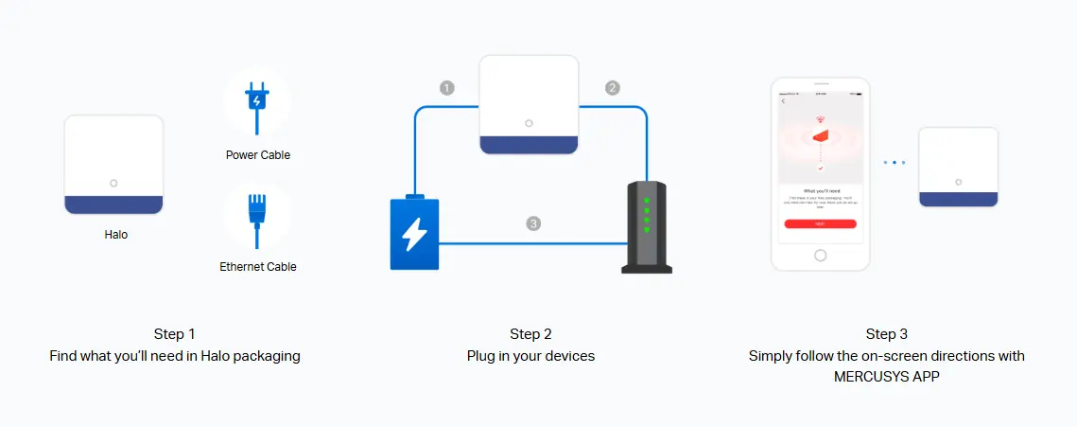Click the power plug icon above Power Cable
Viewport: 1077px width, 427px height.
[257, 99]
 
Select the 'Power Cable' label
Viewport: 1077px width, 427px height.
[258, 155]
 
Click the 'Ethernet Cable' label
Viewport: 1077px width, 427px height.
[258, 267]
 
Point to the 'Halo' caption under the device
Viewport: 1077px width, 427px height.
[115, 235]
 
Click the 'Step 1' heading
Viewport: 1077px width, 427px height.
[175, 334]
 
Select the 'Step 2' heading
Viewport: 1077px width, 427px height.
[530, 334]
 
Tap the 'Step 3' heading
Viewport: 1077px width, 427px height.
[887, 334]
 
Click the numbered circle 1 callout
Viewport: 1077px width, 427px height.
[447, 88]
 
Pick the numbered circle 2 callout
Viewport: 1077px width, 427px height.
[613, 88]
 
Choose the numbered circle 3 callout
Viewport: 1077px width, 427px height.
[533, 224]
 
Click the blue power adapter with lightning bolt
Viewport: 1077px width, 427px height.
[414, 233]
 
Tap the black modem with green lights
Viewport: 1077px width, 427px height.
[647, 227]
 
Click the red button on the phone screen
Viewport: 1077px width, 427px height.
[820, 223]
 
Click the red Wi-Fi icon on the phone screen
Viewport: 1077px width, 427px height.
[820, 122]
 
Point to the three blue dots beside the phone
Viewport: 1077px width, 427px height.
[895, 163]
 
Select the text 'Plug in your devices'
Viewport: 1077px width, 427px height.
[530, 356]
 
